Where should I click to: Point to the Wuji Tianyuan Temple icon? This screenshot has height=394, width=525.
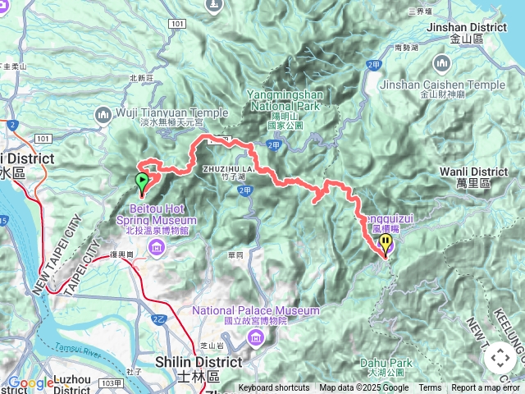[103, 113]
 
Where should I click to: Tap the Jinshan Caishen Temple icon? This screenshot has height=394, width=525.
[443, 62]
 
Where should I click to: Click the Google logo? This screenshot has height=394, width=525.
[30, 383]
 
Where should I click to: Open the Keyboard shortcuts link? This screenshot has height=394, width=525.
[274, 388]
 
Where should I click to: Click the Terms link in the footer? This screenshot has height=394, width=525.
[430, 388]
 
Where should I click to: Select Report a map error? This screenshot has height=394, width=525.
[486, 388]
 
